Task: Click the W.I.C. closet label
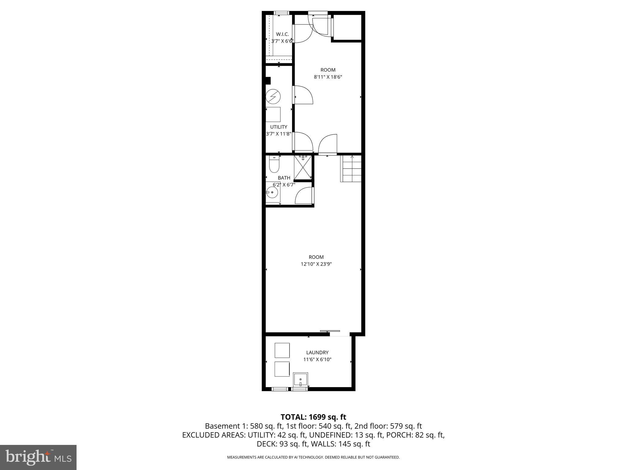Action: point(282,34)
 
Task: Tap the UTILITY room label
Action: point(279,127)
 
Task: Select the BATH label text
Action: point(284,178)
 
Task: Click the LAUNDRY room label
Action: point(317,352)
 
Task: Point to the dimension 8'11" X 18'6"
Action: point(328,77)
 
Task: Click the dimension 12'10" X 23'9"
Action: point(316,264)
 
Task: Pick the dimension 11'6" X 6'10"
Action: point(317,360)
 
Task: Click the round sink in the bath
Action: point(272,193)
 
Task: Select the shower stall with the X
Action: point(302,168)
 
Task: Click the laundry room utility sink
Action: point(300,380)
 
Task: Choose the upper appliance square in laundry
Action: point(282,350)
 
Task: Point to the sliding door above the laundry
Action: point(330,331)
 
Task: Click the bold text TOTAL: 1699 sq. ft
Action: point(313,417)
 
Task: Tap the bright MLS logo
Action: point(38,457)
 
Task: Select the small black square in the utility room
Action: point(268,80)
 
